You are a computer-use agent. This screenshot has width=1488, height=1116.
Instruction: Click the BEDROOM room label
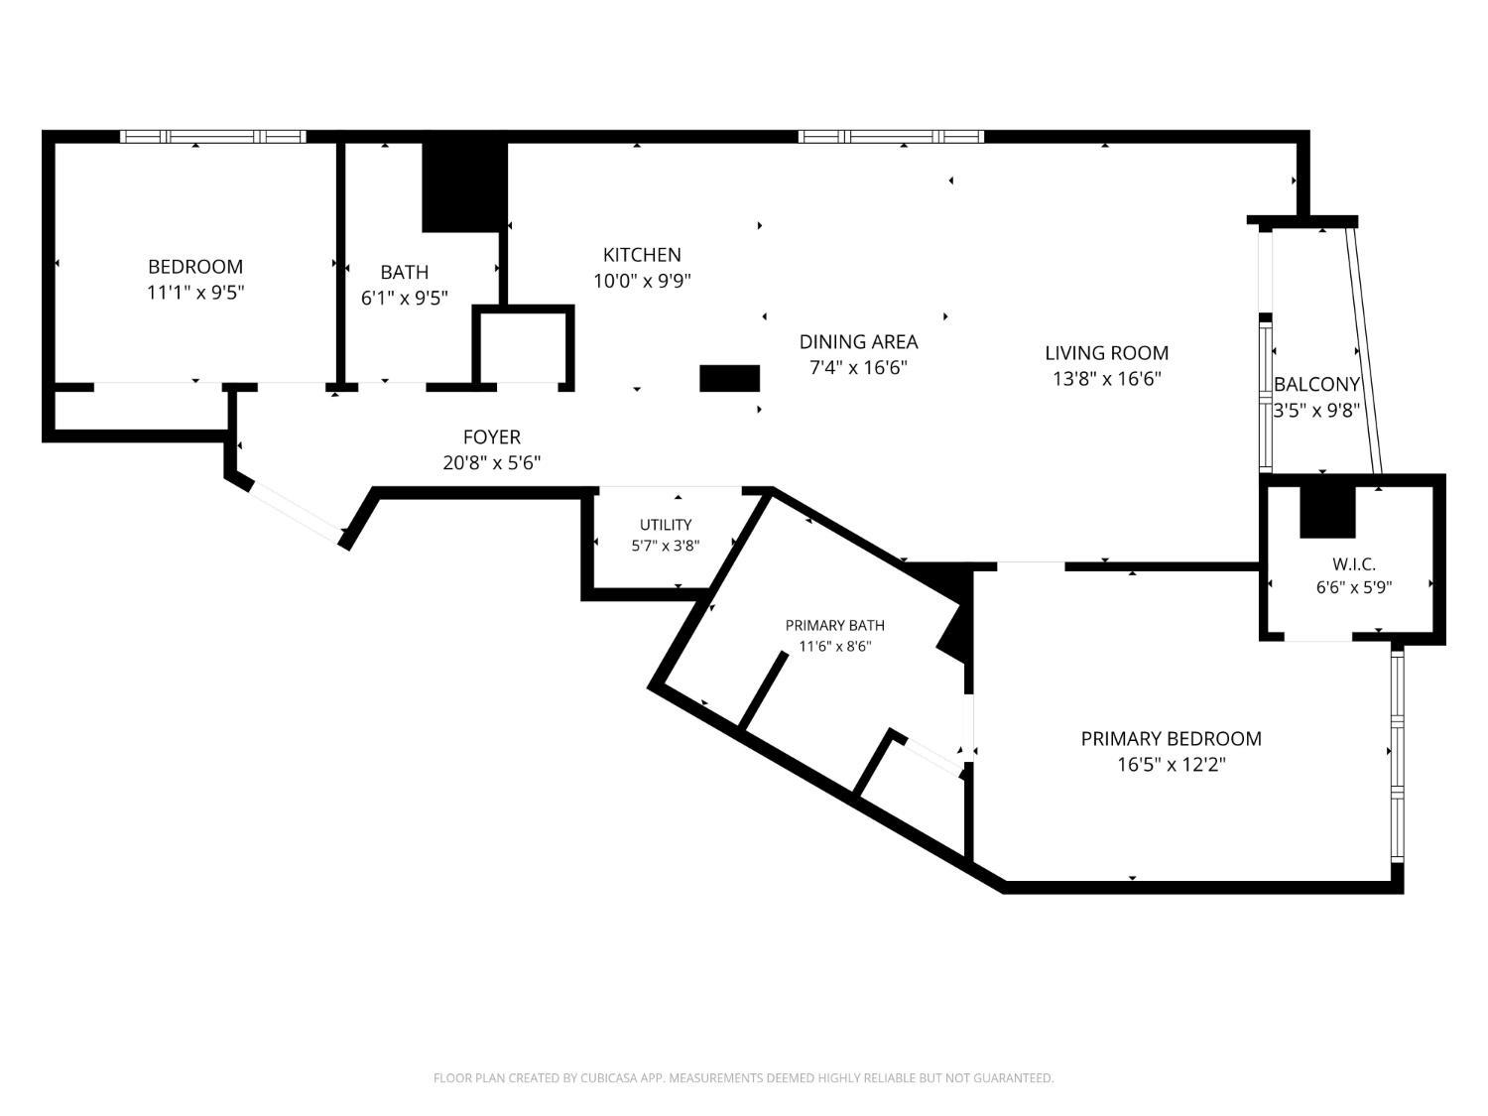click(195, 266)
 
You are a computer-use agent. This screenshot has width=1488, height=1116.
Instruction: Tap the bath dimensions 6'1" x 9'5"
click(404, 299)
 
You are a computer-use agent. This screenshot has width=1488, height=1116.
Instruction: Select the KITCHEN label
click(642, 255)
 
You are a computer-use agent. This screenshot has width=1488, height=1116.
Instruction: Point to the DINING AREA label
click(858, 341)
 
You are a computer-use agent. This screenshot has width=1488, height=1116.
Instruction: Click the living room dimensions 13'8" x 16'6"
click(1106, 379)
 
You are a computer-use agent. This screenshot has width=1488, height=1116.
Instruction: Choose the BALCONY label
click(1316, 384)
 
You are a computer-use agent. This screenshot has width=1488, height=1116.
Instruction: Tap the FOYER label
click(491, 437)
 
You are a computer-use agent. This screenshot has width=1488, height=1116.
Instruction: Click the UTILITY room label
click(666, 525)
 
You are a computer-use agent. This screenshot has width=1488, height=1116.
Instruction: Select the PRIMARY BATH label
click(834, 625)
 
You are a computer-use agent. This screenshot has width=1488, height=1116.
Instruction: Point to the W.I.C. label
click(1354, 563)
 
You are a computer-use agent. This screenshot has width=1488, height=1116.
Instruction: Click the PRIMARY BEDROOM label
click(1171, 739)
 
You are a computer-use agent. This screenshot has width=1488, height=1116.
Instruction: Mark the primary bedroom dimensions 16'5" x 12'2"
click(1172, 765)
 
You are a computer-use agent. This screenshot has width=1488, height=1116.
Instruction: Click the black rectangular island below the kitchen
click(729, 379)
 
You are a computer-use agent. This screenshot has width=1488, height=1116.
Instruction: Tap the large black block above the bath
click(465, 187)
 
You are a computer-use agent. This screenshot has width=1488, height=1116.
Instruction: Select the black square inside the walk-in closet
click(1327, 512)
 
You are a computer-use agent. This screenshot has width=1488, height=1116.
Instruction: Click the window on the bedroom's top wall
click(213, 137)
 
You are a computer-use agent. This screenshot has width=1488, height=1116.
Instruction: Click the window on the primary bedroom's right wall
click(1397, 754)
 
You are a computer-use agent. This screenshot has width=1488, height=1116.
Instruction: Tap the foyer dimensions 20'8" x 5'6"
click(491, 463)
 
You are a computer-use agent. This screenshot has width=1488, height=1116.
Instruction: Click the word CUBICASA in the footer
click(609, 1078)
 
